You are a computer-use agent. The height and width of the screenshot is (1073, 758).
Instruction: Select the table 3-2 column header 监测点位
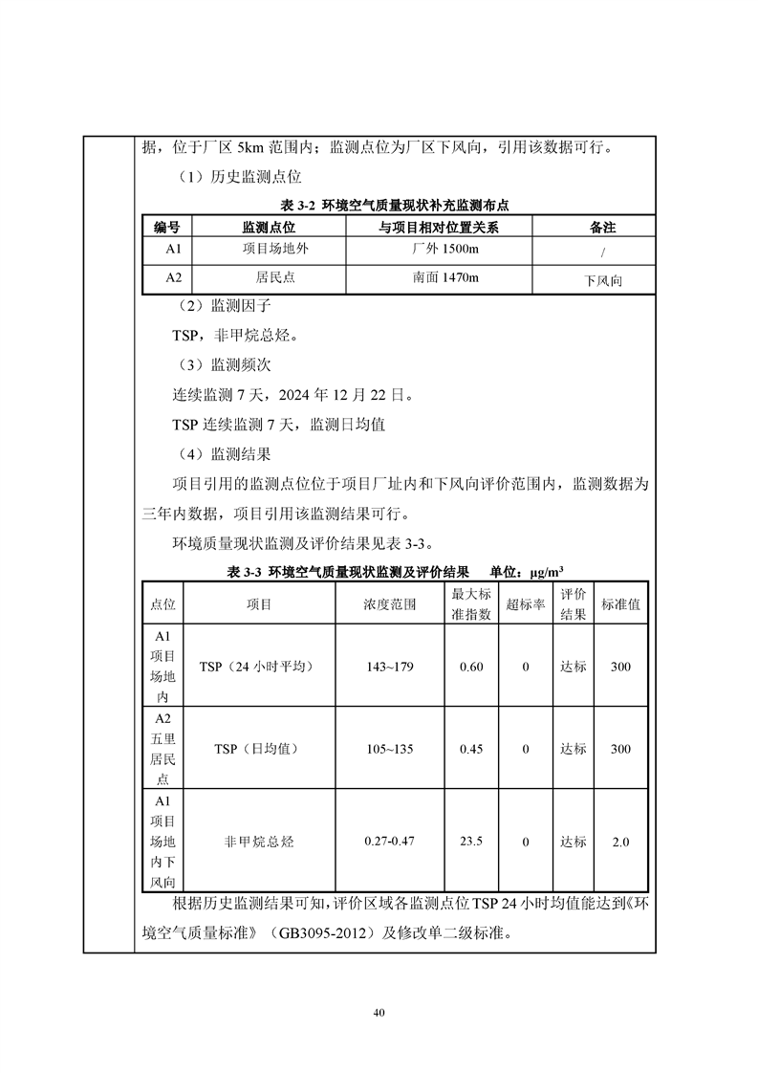point(269,228)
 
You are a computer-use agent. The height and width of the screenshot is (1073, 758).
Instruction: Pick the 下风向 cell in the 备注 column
point(603,281)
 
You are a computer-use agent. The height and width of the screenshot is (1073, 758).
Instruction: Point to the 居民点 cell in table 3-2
point(269,278)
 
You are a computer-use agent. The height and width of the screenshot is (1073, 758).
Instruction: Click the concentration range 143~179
point(389,667)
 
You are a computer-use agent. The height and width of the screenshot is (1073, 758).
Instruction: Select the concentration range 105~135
point(389,749)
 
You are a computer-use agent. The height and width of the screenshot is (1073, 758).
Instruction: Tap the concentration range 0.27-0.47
point(389,842)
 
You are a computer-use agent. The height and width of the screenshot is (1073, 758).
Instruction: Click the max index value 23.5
point(471,842)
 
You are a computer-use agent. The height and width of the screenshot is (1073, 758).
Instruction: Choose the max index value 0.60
point(471,667)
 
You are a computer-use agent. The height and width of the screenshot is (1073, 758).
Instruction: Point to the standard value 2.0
point(620,842)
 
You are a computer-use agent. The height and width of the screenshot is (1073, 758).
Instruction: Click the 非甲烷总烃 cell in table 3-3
point(259,842)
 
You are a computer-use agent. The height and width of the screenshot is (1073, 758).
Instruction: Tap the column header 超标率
point(526,604)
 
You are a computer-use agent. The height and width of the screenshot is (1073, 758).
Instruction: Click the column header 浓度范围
point(389,604)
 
